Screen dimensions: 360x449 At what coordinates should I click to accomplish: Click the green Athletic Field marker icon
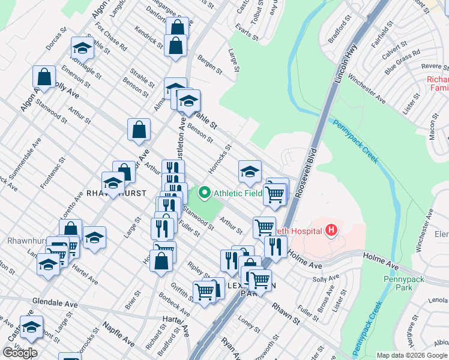(x=204, y=193)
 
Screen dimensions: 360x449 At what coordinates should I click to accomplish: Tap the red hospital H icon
(x=330, y=229)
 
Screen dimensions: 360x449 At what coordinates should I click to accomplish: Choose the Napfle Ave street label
(x=118, y=334)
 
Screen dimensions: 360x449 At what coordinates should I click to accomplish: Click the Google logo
(x=20, y=353)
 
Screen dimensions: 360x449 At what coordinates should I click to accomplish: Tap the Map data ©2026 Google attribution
(x=412, y=355)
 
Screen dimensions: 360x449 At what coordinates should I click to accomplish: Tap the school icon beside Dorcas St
(x=82, y=47)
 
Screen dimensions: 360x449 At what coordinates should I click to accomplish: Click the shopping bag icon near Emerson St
(x=44, y=76)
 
